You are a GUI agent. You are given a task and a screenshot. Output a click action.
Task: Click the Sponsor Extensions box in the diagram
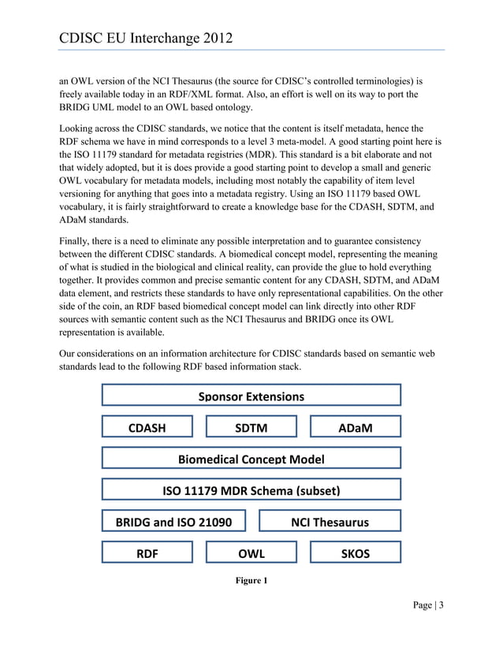click(251, 396)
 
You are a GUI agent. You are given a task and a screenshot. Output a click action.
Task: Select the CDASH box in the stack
click(147, 427)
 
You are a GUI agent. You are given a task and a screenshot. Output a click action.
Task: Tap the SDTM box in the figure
click(251, 427)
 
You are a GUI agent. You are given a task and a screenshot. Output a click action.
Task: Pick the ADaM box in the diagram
click(355, 427)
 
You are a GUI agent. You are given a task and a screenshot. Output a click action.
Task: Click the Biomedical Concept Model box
click(251, 459)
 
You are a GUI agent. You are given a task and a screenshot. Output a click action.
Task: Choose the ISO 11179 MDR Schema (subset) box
click(251, 490)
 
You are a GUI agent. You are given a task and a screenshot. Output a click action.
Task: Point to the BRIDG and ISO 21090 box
click(173, 521)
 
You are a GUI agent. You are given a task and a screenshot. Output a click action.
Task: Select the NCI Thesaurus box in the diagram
click(330, 521)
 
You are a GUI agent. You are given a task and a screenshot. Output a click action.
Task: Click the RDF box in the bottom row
click(147, 553)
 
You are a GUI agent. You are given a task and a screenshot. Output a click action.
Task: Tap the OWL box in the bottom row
click(251, 553)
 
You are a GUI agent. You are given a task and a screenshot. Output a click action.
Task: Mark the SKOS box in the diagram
click(355, 553)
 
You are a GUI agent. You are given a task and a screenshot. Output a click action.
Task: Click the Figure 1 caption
click(251, 581)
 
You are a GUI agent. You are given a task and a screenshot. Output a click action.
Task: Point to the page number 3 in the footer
click(442, 605)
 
